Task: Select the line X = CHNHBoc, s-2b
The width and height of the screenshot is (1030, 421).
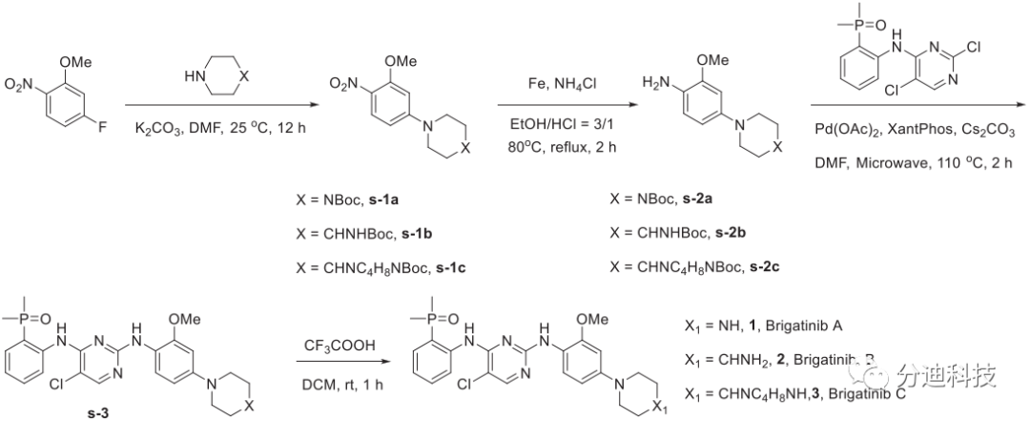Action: [679, 235]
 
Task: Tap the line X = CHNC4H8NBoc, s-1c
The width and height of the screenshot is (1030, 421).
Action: [379, 266]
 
